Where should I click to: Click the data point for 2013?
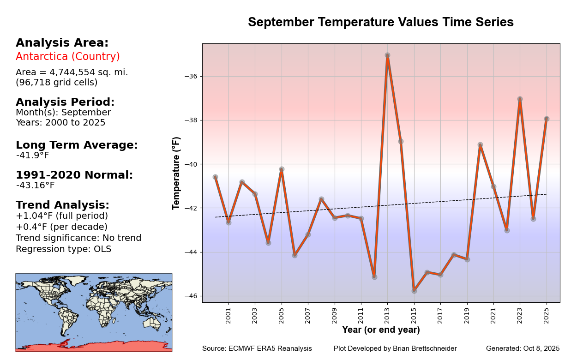[x=387, y=55]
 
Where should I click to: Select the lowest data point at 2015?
[x=414, y=291]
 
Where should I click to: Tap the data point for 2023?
[x=520, y=99]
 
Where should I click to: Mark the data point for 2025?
[x=547, y=119]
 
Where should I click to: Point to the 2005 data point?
[x=282, y=169]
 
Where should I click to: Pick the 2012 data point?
[x=374, y=277]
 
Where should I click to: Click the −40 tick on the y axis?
[x=191, y=164]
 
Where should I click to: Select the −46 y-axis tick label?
[x=191, y=296]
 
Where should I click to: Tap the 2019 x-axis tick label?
[x=467, y=316]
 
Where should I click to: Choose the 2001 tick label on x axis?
[x=228, y=316]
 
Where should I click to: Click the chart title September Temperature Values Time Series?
[x=381, y=22]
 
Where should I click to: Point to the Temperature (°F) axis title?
[x=176, y=173]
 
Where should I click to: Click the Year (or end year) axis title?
[x=381, y=330]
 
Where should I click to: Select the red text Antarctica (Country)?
[x=68, y=56]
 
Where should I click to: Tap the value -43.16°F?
[x=35, y=186]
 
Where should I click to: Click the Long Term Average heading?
[x=77, y=145]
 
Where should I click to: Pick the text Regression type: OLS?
[x=63, y=249]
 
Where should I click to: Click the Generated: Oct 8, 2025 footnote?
[x=523, y=348]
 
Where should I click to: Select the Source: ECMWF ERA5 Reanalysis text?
[x=257, y=348]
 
